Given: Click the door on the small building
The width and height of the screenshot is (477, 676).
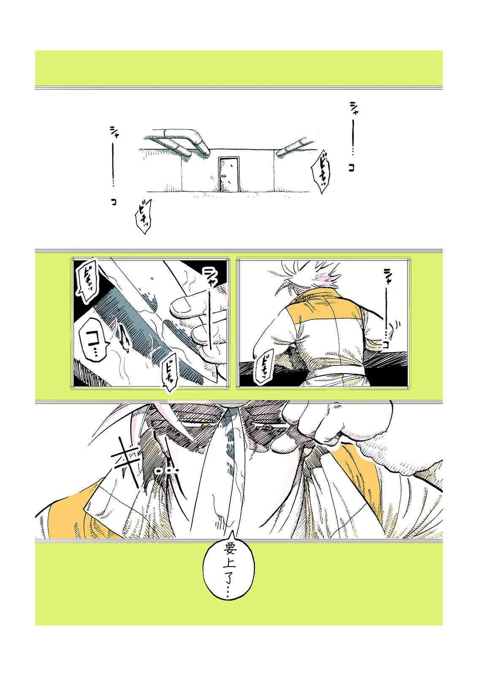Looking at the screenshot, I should pos(228,174).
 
